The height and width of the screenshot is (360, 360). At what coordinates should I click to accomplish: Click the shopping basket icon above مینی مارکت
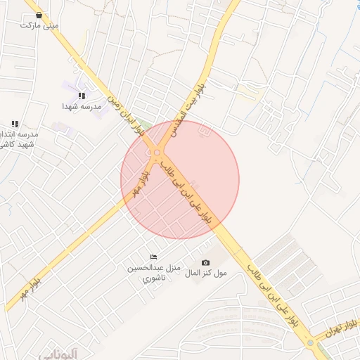pos(38,15)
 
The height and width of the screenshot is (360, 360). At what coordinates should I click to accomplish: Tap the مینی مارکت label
pos(39,25)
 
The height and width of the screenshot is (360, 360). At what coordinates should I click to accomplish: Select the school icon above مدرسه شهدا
pos(82,96)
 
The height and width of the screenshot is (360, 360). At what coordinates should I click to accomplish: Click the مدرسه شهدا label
pos(82,106)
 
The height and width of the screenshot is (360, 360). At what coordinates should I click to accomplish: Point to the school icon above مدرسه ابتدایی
pos(15,124)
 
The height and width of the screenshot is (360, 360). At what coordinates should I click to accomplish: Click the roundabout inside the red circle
pos(157,153)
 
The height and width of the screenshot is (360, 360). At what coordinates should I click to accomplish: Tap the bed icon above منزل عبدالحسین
pos(153,257)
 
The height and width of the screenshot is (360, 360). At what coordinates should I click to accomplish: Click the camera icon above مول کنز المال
pos(205,263)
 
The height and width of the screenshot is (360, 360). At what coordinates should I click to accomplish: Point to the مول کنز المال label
pos(205,273)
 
